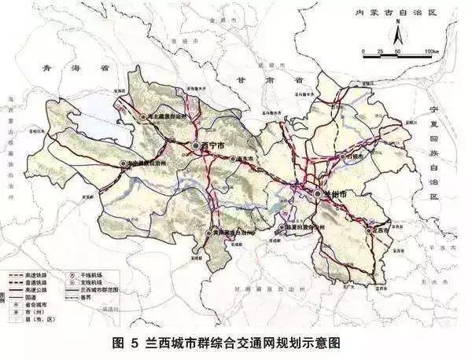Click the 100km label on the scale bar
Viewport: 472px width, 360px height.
click(431, 51)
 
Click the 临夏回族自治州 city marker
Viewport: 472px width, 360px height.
click(281, 228)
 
